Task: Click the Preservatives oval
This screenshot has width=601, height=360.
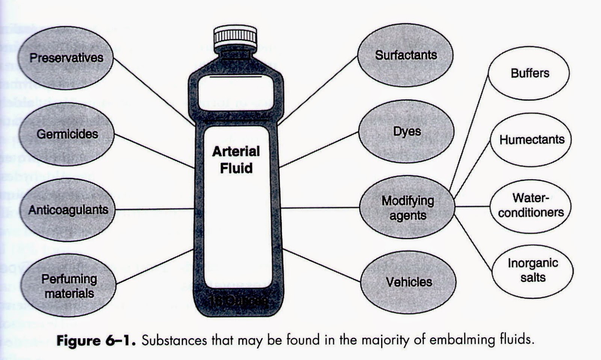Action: [66, 57]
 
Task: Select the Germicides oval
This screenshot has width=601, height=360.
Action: [67, 134]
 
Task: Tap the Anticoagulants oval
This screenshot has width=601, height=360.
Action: [68, 210]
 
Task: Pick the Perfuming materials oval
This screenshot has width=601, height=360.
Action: [69, 286]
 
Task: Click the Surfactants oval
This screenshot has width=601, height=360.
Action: [406, 55]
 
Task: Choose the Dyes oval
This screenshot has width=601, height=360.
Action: [407, 131]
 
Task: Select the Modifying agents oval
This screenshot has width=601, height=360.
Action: [408, 208]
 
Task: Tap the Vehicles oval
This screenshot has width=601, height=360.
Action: [409, 282]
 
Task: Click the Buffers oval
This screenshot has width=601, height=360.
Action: [530, 73]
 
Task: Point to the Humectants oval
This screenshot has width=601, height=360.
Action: [532, 140]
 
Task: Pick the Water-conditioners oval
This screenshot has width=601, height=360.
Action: [531, 205]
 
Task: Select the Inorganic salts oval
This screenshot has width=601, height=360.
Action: [533, 270]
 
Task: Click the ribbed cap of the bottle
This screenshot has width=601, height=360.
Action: [236, 36]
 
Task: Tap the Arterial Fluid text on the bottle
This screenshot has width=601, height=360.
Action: [236, 160]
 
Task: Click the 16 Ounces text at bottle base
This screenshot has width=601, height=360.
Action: [237, 301]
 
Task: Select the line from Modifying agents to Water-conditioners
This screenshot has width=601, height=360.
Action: [472, 206]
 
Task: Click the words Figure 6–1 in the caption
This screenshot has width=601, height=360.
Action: [97, 340]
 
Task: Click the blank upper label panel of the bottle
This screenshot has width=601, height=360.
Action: [236, 93]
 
